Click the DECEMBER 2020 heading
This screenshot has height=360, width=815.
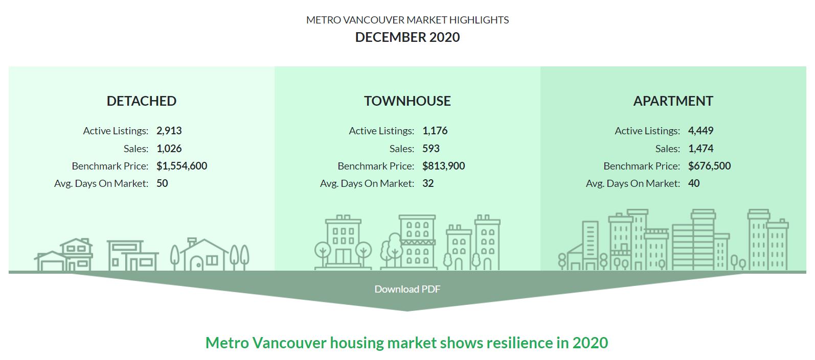tap(407, 37)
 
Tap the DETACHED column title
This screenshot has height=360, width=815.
tap(142, 101)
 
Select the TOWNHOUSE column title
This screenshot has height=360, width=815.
tap(407, 101)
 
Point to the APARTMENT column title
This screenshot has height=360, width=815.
tap(673, 101)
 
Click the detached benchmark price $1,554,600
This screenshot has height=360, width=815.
tap(182, 166)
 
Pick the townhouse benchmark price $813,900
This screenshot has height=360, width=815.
tap(443, 166)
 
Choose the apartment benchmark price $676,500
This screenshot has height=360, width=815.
tap(710, 166)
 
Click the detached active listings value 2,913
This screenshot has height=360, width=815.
tap(169, 131)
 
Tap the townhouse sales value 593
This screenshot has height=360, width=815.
tap(431, 148)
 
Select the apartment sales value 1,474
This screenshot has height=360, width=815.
tap(701, 148)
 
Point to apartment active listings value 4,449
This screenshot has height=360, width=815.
tap(701, 131)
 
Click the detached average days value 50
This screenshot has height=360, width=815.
tap(162, 183)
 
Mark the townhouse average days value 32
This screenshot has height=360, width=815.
tap(428, 183)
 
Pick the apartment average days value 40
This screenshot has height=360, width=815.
tap(694, 183)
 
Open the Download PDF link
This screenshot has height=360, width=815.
tap(407, 289)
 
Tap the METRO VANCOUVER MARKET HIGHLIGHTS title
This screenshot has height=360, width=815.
tap(407, 20)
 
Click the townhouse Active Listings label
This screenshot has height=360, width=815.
tap(381, 131)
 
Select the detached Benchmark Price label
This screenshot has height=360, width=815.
tap(110, 166)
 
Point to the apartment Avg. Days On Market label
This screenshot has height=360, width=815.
tap(632, 183)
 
